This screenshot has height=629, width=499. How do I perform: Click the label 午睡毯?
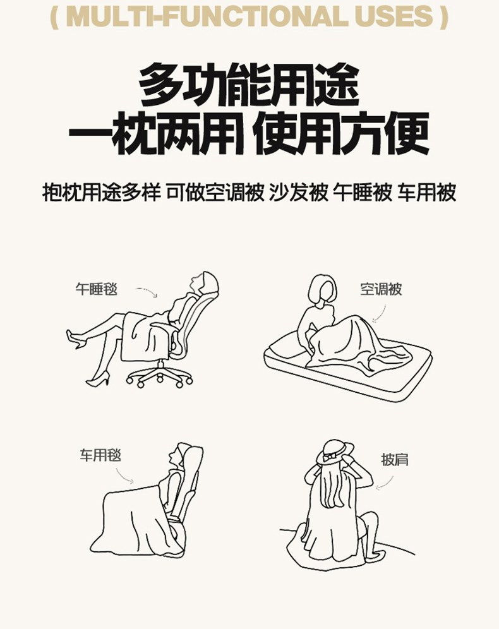(96, 289)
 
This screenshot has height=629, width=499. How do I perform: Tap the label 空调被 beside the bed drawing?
(381, 289)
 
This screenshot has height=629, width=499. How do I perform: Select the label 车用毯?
(100, 455)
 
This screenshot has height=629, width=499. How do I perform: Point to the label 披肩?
(395, 459)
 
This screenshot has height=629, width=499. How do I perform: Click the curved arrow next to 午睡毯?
(148, 291)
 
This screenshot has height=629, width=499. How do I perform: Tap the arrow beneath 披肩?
(386, 484)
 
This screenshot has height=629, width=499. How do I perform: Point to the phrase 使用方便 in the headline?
(341, 134)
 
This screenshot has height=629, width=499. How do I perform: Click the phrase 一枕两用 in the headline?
(157, 134)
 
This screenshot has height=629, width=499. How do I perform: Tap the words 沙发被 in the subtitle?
(298, 193)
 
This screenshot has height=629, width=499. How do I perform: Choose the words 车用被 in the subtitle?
(427, 193)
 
